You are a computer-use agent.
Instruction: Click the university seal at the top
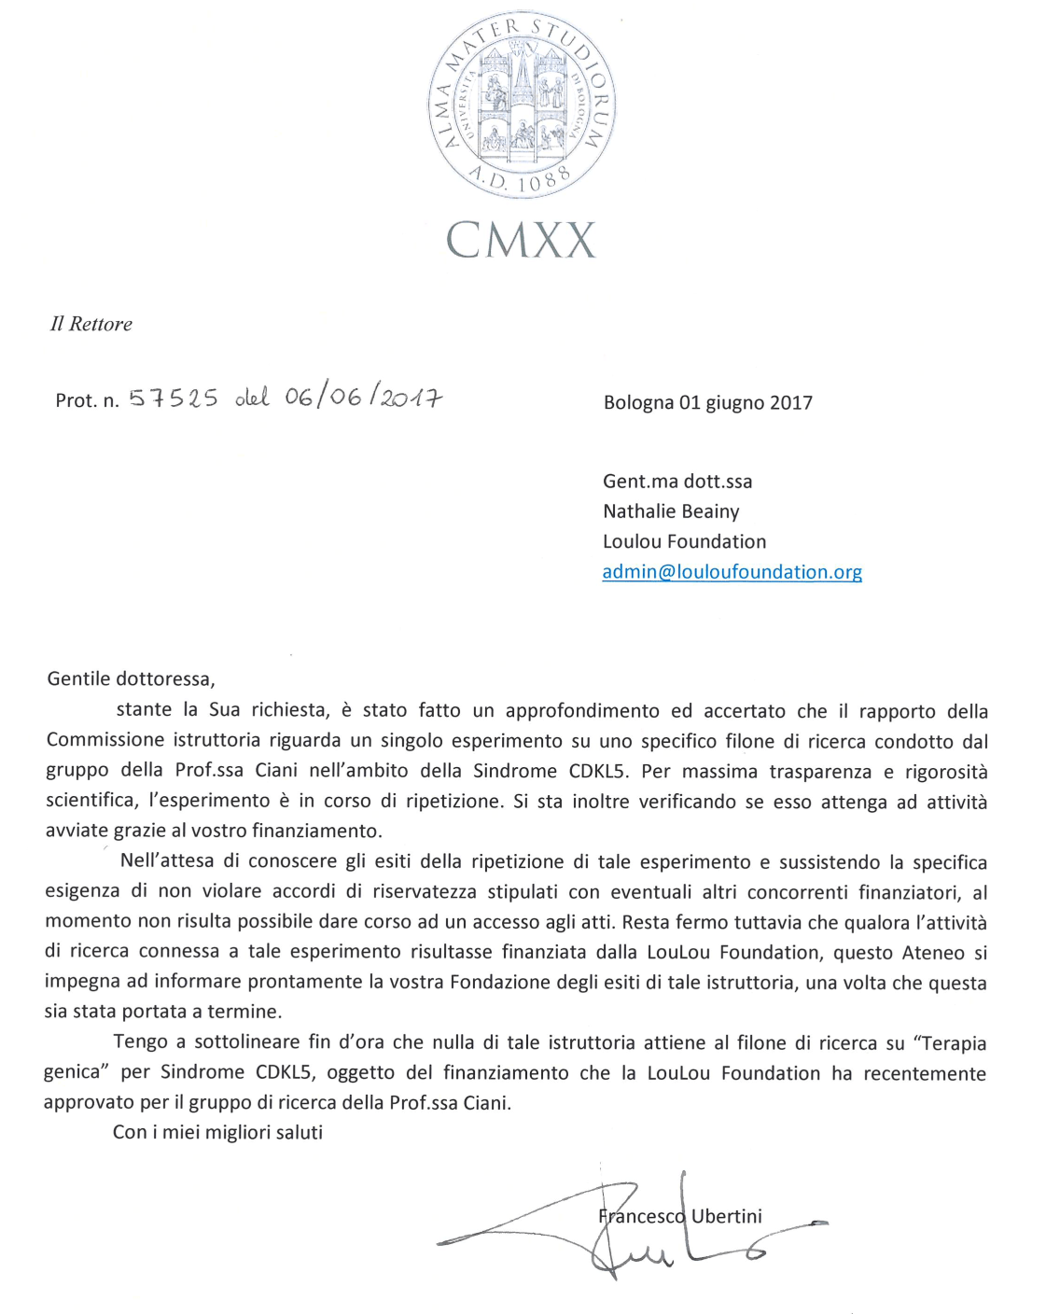pyautogui.click(x=522, y=104)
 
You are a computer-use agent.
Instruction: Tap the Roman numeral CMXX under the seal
pyautogui.click(x=521, y=240)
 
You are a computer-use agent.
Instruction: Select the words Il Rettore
pyautogui.click(x=91, y=324)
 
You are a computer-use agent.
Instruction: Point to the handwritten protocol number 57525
pyautogui.click(x=174, y=398)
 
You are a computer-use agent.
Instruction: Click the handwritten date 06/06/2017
pyautogui.click(x=363, y=398)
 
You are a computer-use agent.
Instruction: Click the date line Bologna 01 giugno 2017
pyautogui.click(x=707, y=403)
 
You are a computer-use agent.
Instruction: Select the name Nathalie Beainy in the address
pyautogui.click(x=671, y=511)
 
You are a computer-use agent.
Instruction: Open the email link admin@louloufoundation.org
pyautogui.click(x=732, y=572)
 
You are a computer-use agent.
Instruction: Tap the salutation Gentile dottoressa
pyautogui.click(x=131, y=678)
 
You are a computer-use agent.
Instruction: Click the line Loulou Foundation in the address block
pyautogui.click(x=684, y=541)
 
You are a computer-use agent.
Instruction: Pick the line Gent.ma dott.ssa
pyautogui.click(x=676, y=482)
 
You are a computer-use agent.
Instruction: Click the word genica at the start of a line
pyautogui.click(x=72, y=1073)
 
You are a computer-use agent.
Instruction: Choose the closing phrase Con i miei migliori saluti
pyautogui.click(x=217, y=1132)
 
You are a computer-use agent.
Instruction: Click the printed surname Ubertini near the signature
pyautogui.click(x=726, y=1216)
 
